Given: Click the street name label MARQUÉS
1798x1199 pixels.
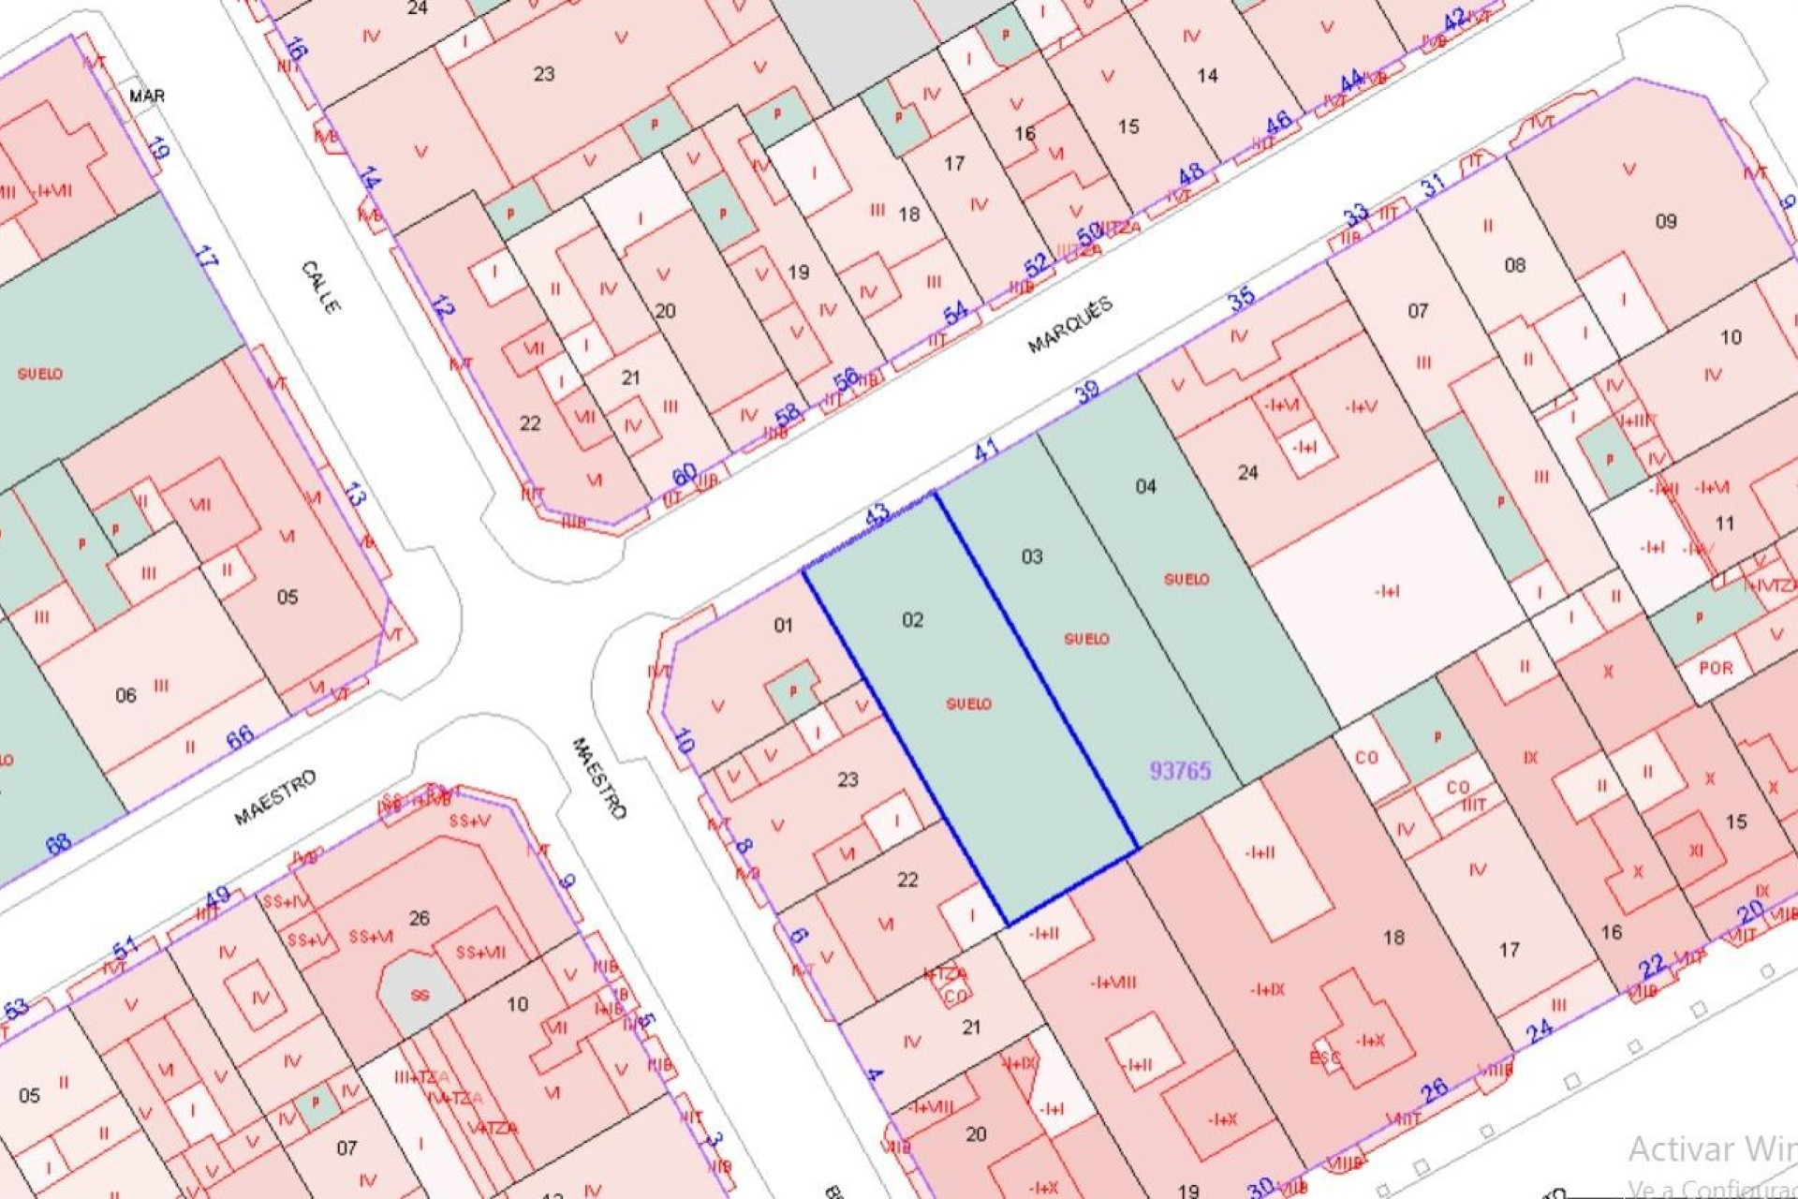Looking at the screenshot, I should click(1069, 325).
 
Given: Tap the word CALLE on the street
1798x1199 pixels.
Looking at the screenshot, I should click(320, 287).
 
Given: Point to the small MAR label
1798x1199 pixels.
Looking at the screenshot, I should click(147, 96).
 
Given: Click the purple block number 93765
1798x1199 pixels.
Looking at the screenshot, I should click(1180, 770).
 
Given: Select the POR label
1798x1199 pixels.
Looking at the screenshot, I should click(1716, 668).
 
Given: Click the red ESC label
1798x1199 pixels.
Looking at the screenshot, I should click(1325, 1058).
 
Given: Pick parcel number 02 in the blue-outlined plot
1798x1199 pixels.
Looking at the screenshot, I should click(912, 620).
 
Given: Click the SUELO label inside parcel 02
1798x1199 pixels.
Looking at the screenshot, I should click(968, 703).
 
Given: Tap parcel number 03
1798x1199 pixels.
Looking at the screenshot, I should click(1031, 556).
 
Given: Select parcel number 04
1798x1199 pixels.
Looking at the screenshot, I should click(1145, 486).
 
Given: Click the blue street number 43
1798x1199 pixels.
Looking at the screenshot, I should click(877, 513).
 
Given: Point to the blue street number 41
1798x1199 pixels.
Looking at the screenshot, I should click(986, 451).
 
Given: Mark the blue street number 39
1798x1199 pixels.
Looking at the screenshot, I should click(1086, 391).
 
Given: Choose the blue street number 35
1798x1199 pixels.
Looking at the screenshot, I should click(1242, 299).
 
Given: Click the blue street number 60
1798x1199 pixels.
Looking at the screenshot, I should click(685, 474).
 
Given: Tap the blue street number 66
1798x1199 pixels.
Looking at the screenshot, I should click(240, 736).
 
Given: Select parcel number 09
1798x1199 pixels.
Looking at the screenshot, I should click(1665, 222).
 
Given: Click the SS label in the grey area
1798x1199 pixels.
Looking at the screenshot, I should click(420, 995).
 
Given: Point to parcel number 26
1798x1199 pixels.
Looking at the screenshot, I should click(419, 918).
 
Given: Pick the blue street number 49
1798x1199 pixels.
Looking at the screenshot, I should click(216, 897).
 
